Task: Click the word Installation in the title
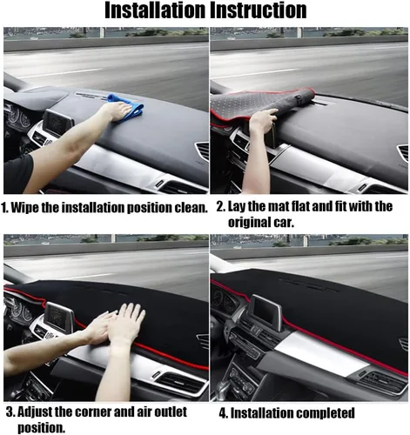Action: [155, 10]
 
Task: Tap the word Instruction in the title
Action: [259, 10]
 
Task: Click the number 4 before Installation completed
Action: [223, 413]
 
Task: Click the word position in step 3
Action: [41, 428]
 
